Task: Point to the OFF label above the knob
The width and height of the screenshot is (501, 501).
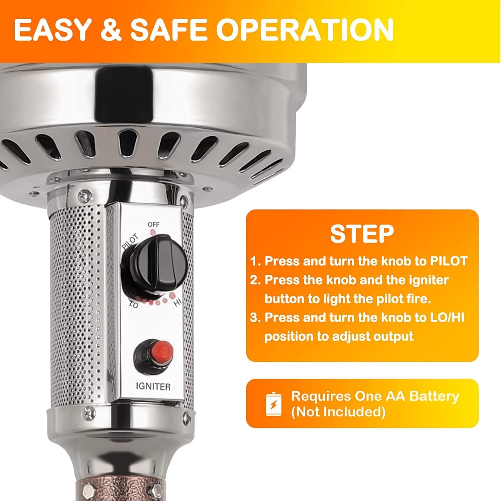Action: (x=154, y=224)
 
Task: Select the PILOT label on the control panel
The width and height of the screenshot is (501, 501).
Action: (x=130, y=242)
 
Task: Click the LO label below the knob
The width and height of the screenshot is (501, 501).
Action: (x=134, y=304)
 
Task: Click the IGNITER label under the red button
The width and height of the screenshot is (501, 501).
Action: (x=153, y=386)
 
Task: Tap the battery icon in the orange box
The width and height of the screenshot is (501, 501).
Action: (x=274, y=404)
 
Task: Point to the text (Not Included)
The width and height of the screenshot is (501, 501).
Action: (x=338, y=412)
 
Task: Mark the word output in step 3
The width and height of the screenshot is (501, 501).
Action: (x=394, y=336)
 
